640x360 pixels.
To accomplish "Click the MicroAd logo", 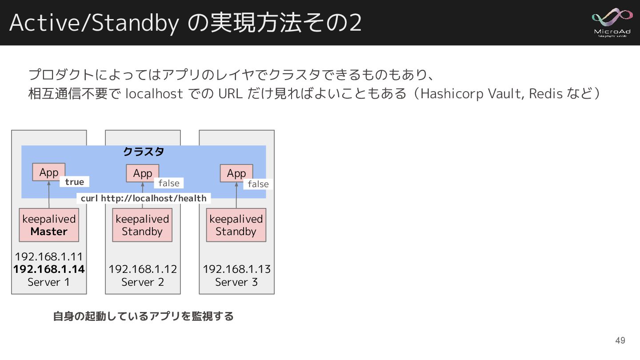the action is (x=612, y=22).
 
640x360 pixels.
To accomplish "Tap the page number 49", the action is (x=620, y=340).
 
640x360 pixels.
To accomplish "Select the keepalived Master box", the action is (x=49, y=225).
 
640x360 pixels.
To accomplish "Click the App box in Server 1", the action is (x=49, y=172).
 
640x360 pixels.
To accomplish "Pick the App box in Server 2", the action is (x=143, y=173).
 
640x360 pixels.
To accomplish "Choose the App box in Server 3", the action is (x=236, y=173).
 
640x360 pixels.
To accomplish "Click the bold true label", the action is (x=74, y=182).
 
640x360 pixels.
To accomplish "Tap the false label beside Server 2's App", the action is (x=169, y=183).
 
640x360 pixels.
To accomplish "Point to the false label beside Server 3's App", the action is (x=258, y=184).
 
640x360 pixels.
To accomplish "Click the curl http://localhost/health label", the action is (x=144, y=198).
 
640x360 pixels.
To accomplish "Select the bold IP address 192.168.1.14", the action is (x=49, y=269).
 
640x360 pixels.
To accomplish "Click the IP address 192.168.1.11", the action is (x=49, y=256).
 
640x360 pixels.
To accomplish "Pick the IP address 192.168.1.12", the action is (x=143, y=269).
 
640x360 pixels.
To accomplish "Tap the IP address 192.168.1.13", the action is (x=236, y=269).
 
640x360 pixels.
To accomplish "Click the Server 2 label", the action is (x=143, y=282).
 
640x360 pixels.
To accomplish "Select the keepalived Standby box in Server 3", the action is (x=236, y=225).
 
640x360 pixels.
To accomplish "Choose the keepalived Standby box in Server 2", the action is (x=142, y=225).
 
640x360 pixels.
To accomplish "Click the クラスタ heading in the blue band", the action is (x=144, y=152).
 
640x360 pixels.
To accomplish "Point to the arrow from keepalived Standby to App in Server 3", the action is (x=236, y=195).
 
